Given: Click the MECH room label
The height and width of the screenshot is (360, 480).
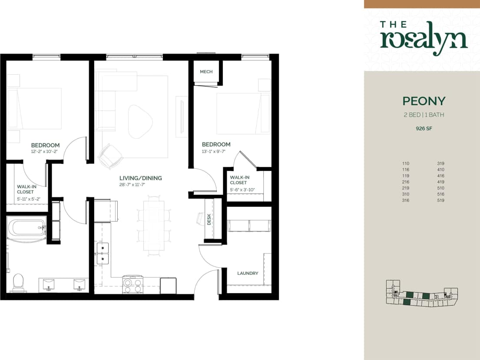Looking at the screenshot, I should (x=206, y=72).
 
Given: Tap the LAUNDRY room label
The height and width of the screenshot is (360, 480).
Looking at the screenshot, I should (x=248, y=273).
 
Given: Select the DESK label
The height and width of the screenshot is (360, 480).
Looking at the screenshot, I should (x=209, y=220).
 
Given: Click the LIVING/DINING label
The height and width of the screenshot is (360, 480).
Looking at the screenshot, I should (x=140, y=178).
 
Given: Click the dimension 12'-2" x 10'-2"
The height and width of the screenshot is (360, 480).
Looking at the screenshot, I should (x=45, y=152).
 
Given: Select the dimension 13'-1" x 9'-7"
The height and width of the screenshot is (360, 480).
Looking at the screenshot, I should (x=216, y=152).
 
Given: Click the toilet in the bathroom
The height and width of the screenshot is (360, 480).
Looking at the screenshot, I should (x=18, y=281).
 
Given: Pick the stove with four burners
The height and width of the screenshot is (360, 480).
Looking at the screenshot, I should (x=133, y=285).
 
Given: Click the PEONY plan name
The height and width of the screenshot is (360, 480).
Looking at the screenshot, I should (x=424, y=101).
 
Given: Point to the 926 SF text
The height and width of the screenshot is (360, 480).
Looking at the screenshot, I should (x=424, y=128).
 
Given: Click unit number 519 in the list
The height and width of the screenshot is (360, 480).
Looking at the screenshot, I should (x=440, y=200).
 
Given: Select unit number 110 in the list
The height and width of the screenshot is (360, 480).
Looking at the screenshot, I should (x=406, y=163).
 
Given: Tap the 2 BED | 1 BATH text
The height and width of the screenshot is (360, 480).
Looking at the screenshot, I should (x=424, y=115).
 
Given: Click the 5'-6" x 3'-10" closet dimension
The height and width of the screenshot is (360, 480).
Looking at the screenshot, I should (x=242, y=190).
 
